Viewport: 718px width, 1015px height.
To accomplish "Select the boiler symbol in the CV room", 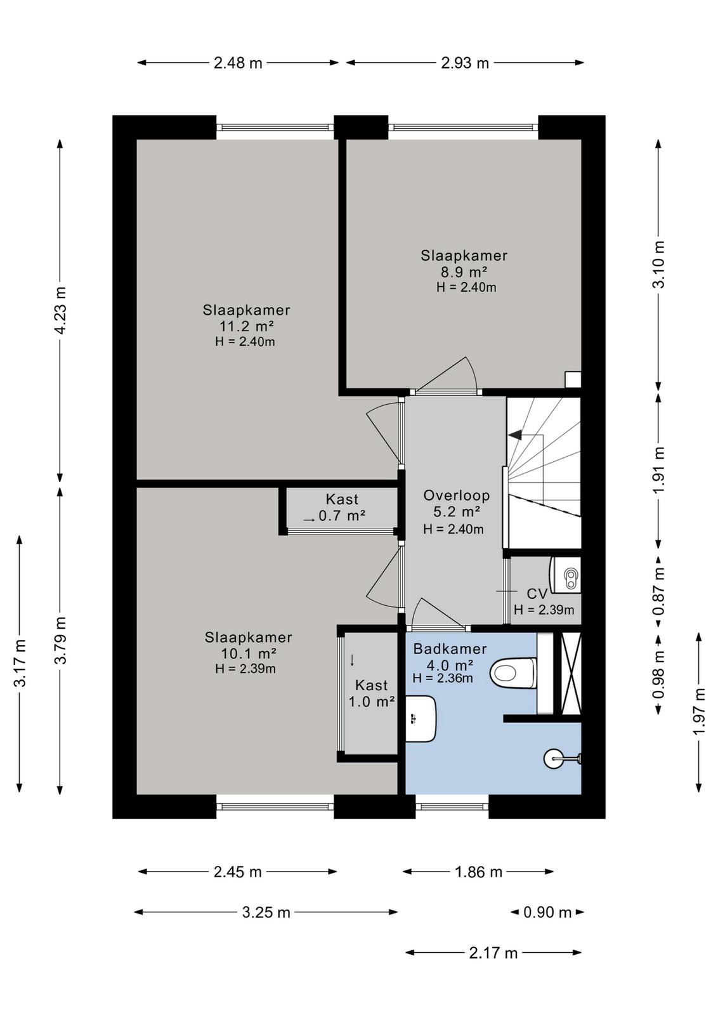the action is (x=566, y=575).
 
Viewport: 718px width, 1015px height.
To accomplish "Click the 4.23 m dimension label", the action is (x=60, y=310).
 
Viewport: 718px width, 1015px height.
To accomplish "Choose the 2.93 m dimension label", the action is (x=465, y=63).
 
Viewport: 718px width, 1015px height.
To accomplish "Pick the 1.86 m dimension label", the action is (x=478, y=872).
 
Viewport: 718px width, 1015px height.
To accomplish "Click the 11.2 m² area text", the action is (x=247, y=326).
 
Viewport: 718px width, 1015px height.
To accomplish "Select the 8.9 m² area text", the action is (x=463, y=272).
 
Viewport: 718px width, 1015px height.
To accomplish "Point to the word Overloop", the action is (x=456, y=495).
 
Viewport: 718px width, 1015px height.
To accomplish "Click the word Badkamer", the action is (x=450, y=649).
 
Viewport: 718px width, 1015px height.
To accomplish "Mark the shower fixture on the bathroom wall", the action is (x=562, y=757).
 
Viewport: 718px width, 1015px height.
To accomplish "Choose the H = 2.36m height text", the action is (x=443, y=678).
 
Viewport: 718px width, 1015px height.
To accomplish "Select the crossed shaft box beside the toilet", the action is (x=571, y=673).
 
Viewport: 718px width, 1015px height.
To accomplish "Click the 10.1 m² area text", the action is (x=247, y=653).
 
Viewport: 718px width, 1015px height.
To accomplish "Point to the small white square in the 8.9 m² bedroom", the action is (x=573, y=380).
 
